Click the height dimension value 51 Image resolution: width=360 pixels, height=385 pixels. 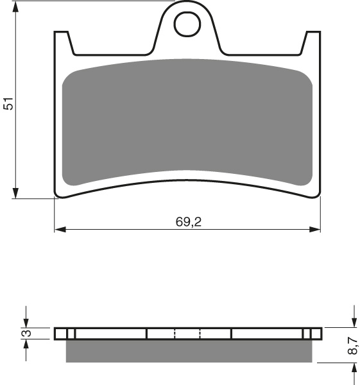tap(7, 103)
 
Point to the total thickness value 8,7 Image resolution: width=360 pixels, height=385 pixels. tap(352, 346)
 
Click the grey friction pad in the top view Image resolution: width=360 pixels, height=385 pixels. tap(187, 122)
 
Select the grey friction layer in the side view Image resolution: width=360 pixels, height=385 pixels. tap(189, 350)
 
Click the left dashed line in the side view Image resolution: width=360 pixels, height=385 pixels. tap(175, 333)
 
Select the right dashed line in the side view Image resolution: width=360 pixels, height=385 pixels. tap(200, 333)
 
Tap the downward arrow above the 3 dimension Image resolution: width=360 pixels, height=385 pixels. tap(26, 322)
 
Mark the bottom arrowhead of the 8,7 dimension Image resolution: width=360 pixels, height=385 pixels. tap(353, 368)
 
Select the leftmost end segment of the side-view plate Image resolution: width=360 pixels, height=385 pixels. tap(60, 333)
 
